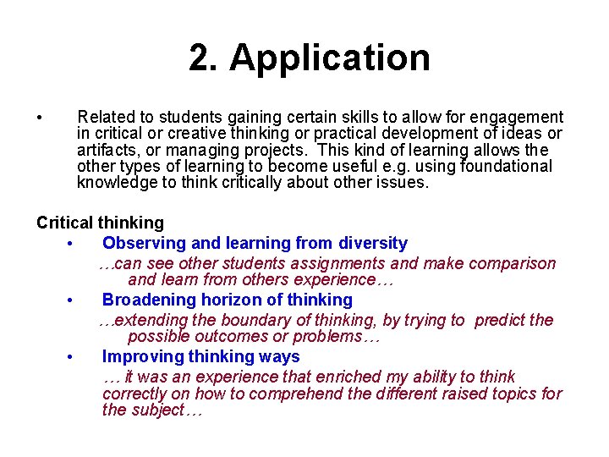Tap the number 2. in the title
pyautogui.click(x=203, y=58)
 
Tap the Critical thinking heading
pyautogui.click(x=100, y=223)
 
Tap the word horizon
pyautogui.click(x=231, y=300)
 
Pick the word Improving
pyautogui.click(x=138, y=356)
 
